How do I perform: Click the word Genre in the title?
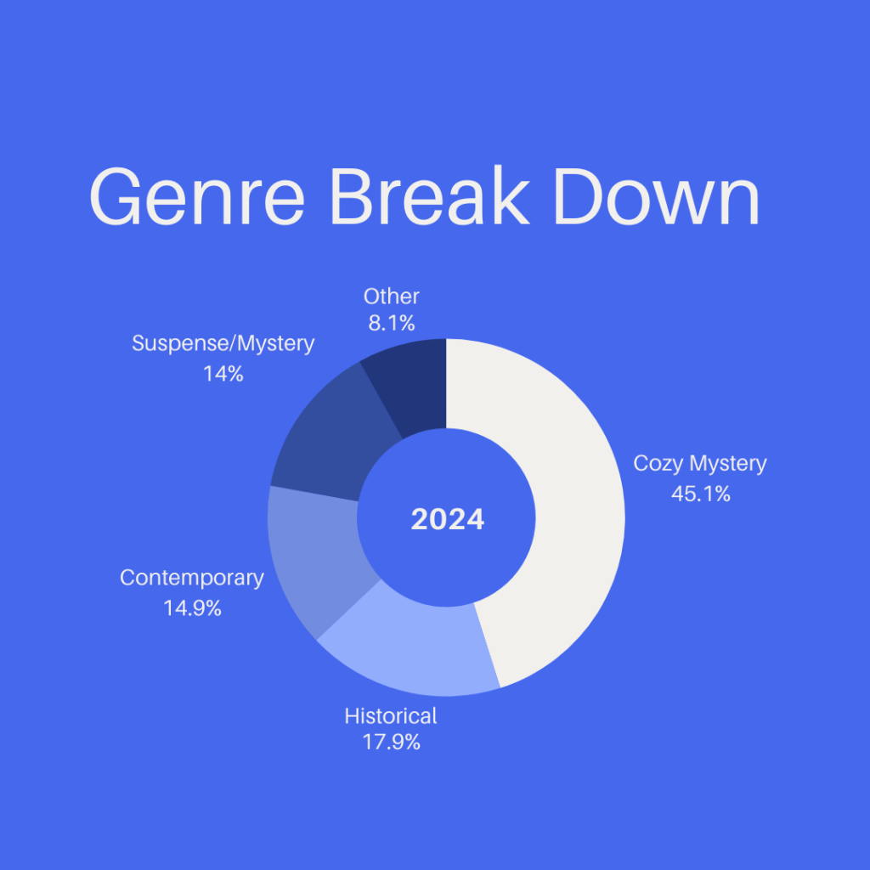[x=197, y=196]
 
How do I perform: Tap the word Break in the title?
[x=430, y=195]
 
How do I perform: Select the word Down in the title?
[x=657, y=196]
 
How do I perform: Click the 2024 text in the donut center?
[x=447, y=519]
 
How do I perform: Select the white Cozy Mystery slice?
[x=577, y=516]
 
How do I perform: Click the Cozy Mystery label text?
[x=700, y=463]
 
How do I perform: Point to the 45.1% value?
[x=701, y=494]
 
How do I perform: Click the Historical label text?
[x=391, y=715]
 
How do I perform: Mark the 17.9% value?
[x=391, y=743]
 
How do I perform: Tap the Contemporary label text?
[x=192, y=578]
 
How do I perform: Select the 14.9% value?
[x=193, y=608]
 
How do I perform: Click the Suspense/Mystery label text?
[x=223, y=343]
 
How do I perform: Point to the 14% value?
[x=223, y=374]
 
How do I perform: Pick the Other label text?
[x=391, y=297]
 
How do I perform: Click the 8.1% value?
[x=392, y=323]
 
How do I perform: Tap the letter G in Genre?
[x=115, y=196]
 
